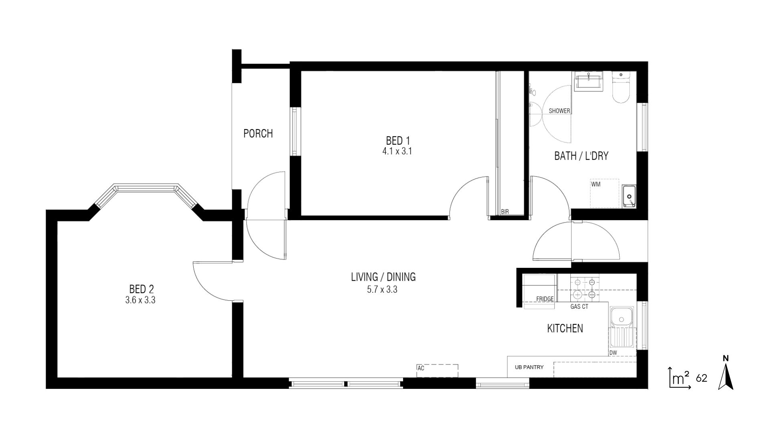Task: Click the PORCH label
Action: point(258,134)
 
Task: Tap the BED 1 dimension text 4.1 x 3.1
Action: point(397,152)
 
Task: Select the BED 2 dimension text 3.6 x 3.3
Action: point(140,299)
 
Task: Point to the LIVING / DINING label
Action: point(383,277)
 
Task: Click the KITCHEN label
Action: point(565,328)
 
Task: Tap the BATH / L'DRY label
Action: point(581,156)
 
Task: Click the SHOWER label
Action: point(559,111)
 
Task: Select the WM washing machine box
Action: point(604,193)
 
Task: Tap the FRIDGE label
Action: point(545,299)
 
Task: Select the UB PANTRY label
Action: point(529,367)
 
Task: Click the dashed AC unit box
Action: point(438,370)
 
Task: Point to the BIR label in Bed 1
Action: point(505,212)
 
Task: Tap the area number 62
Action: point(701,378)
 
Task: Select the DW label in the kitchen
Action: point(613,353)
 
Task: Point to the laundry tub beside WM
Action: point(629,196)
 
